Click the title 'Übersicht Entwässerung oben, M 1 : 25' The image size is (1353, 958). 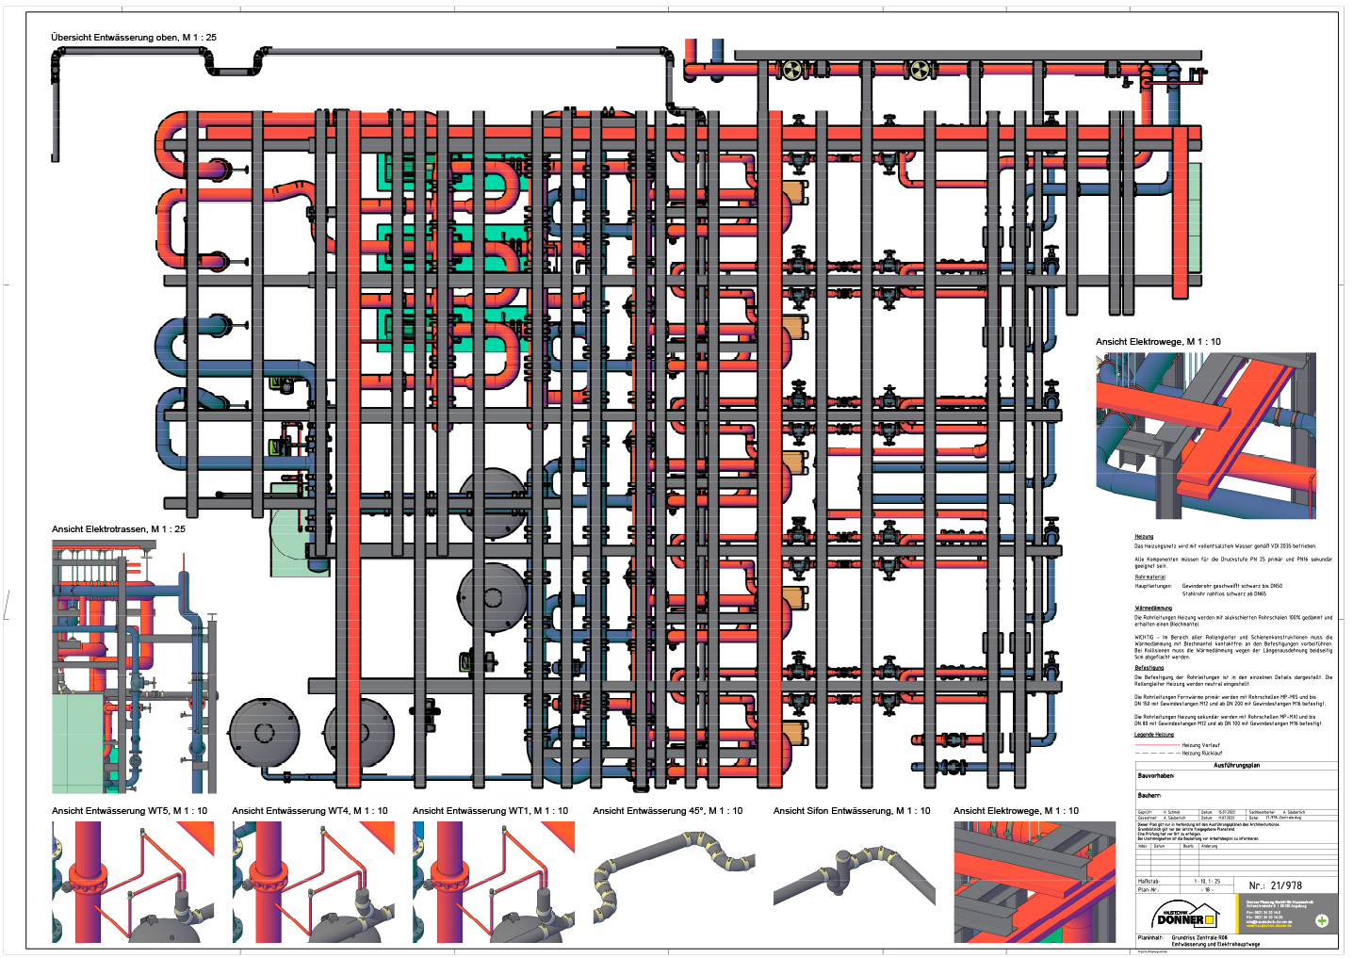click(x=134, y=38)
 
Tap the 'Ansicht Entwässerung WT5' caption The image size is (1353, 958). click(x=129, y=811)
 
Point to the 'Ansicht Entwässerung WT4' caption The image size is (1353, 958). click(x=309, y=811)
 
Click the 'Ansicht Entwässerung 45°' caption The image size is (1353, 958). click(x=667, y=811)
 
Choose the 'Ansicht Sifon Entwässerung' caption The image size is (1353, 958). click(x=851, y=811)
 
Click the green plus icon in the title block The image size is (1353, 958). click(x=1322, y=920)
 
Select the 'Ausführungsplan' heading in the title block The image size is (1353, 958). click(x=1236, y=766)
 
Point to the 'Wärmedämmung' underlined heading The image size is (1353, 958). click(x=1153, y=609)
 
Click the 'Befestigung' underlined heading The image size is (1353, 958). click(x=1149, y=668)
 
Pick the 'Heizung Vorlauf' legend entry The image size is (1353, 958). click(x=1200, y=745)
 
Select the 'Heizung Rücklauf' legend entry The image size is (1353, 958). click(x=1201, y=754)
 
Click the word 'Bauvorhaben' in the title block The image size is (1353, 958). click(x=1156, y=776)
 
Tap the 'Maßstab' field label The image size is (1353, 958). click(x=1149, y=882)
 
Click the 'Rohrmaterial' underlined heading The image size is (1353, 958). click(x=1149, y=577)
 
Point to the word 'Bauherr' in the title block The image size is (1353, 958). click(x=1149, y=795)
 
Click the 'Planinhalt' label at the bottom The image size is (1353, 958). click(x=1149, y=938)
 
